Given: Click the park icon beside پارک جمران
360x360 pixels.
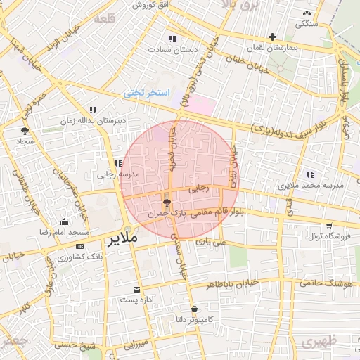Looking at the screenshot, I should click(x=166, y=202).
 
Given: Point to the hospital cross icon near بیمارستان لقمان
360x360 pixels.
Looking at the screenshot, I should click(x=272, y=37).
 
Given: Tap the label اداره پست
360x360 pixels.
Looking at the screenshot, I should click(x=136, y=300).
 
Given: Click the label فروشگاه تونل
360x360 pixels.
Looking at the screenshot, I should click(x=325, y=236).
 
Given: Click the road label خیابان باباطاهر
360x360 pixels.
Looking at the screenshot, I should click(x=233, y=284).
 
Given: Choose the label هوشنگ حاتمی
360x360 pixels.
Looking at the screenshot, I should click(x=324, y=283).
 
